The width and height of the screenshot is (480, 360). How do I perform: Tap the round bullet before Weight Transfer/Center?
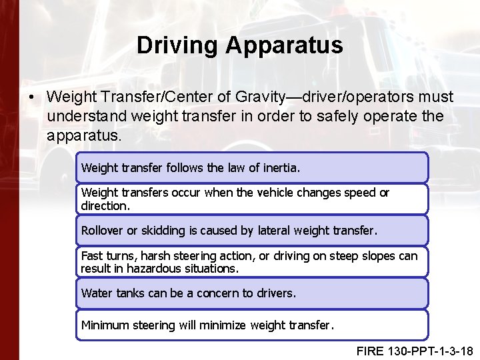[32, 97]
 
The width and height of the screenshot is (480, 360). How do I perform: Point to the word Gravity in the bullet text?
[261, 97]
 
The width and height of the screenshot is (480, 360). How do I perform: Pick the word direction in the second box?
[104, 205]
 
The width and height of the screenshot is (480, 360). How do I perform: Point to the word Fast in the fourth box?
[92, 256]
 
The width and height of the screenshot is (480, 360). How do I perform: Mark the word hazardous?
[145, 269]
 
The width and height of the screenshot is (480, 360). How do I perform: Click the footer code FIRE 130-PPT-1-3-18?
[414, 351]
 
